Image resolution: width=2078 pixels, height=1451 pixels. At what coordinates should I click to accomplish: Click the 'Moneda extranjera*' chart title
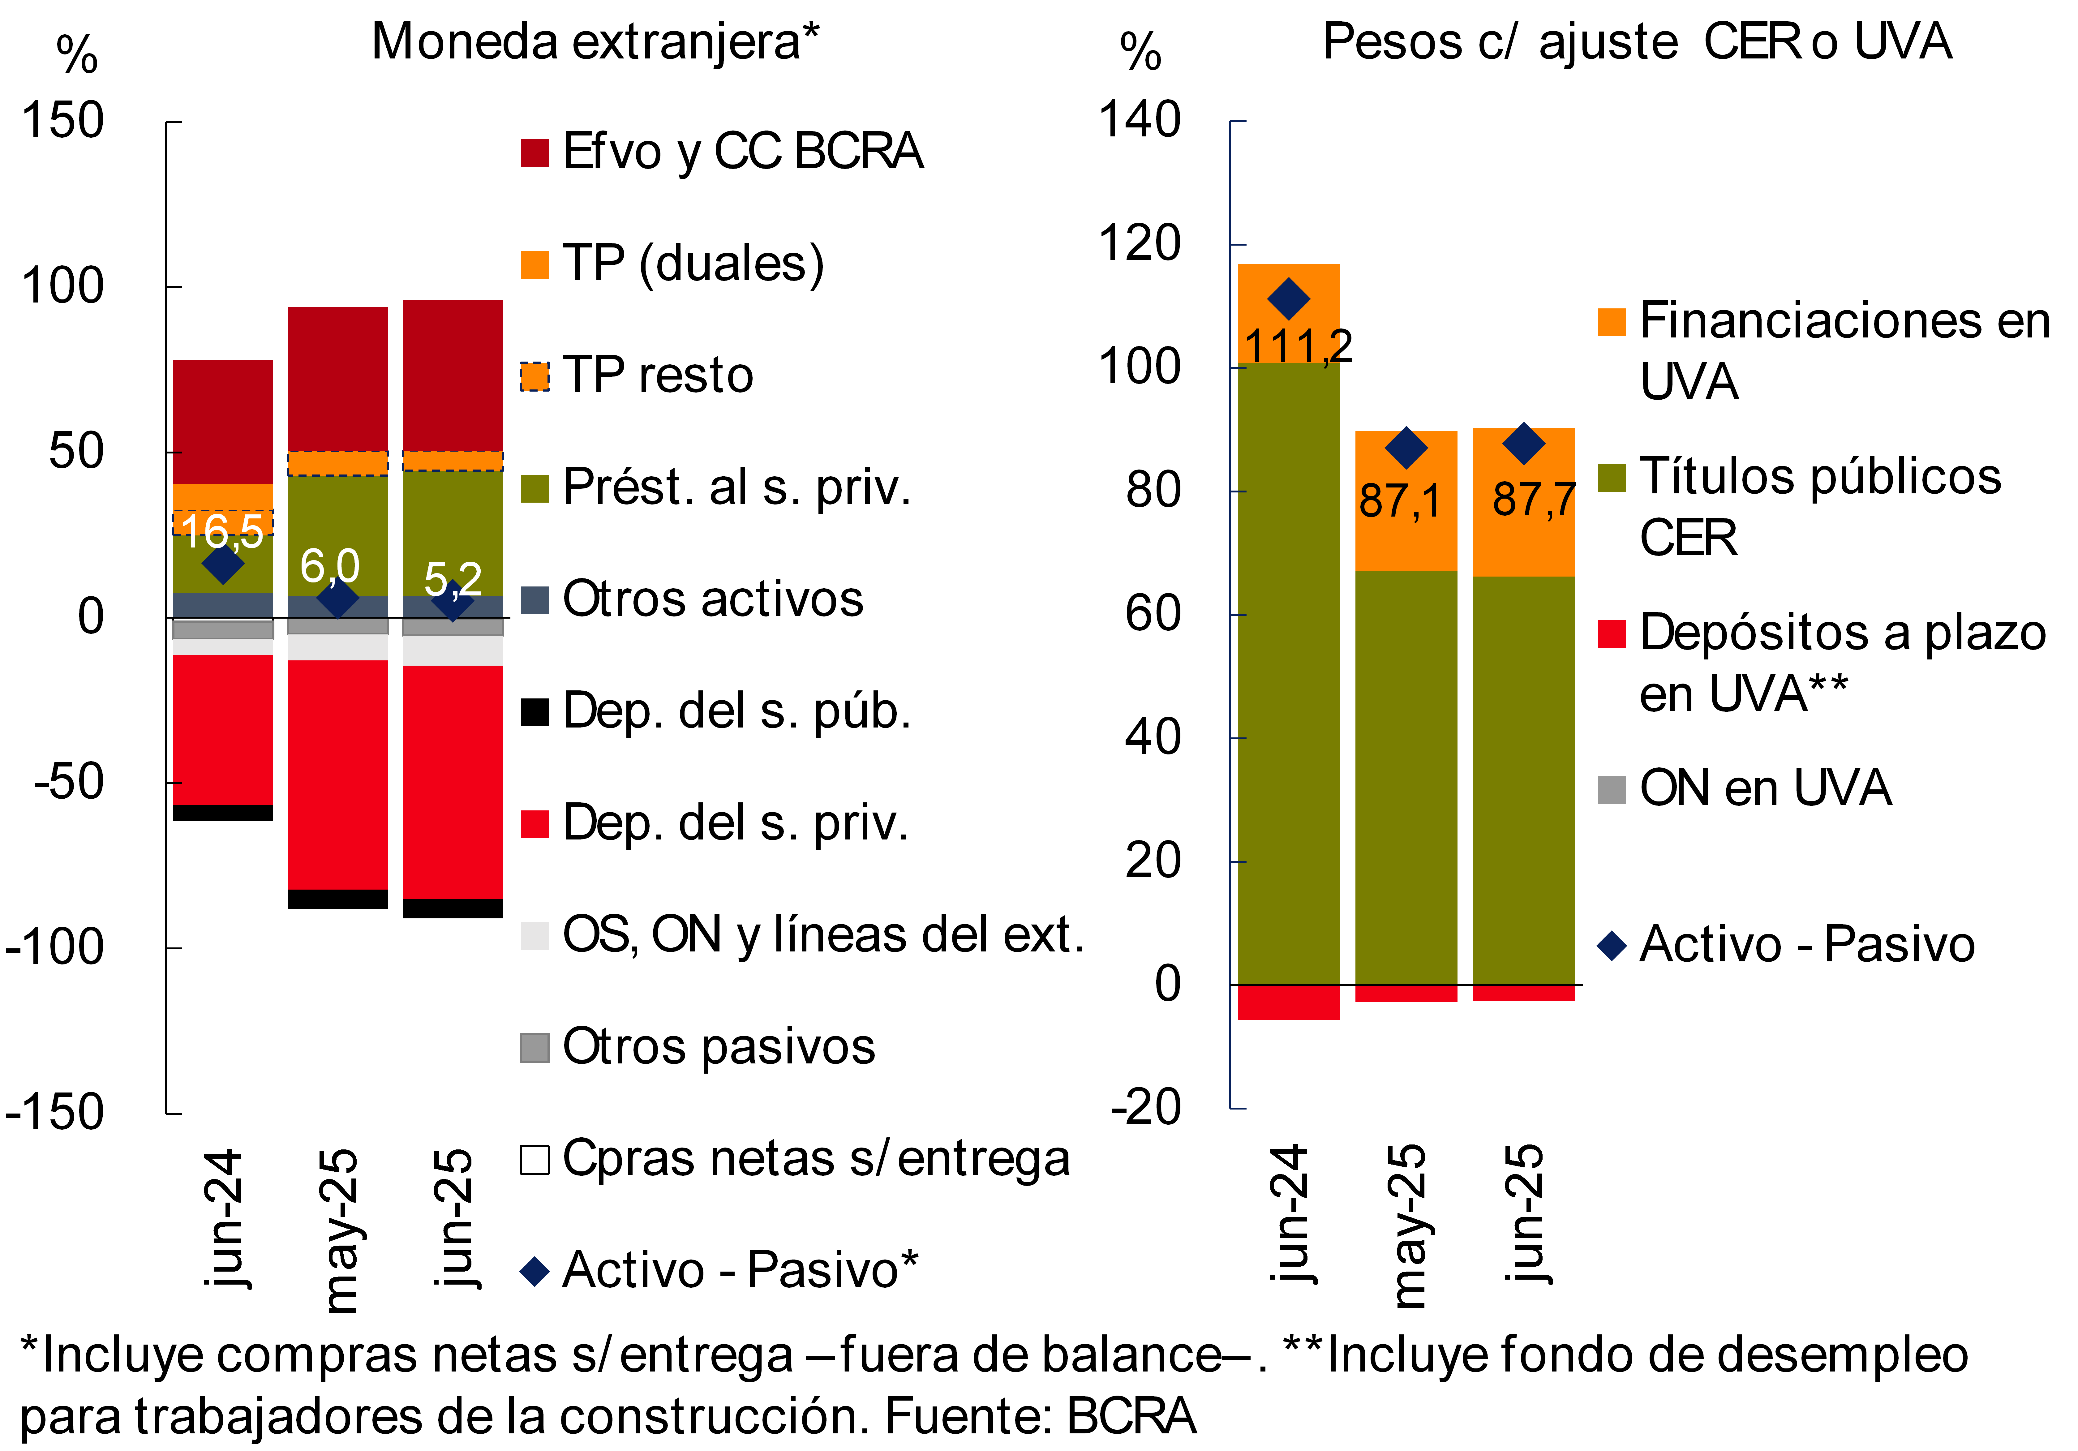[x=595, y=43]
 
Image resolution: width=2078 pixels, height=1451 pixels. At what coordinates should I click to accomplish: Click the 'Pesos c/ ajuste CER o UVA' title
[x=1636, y=43]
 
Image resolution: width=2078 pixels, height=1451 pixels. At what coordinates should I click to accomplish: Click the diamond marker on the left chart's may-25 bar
[x=337, y=598]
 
